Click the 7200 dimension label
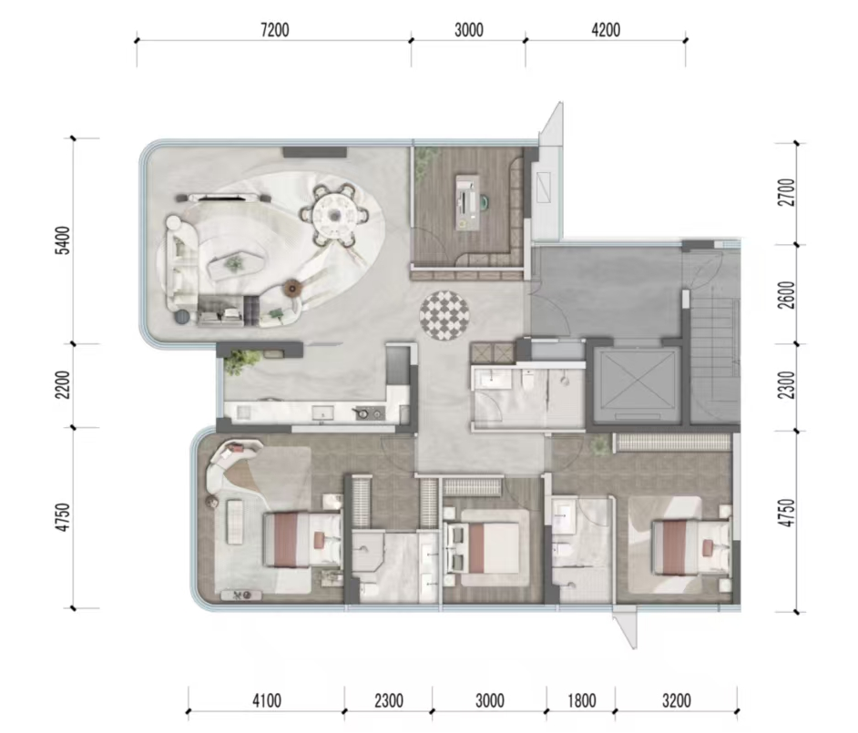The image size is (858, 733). point(275,30)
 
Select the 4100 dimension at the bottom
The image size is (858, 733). point(267,701)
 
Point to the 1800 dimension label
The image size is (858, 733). point(581,701)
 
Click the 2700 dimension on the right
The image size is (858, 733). point(787,192)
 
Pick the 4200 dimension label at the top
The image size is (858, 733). point(606,30)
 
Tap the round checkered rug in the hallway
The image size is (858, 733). point(444,316)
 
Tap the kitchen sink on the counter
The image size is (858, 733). point(322,413)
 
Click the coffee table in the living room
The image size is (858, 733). point(235,264)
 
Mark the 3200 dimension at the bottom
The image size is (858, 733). point(677,701)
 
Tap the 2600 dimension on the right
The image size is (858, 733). point(787,295)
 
